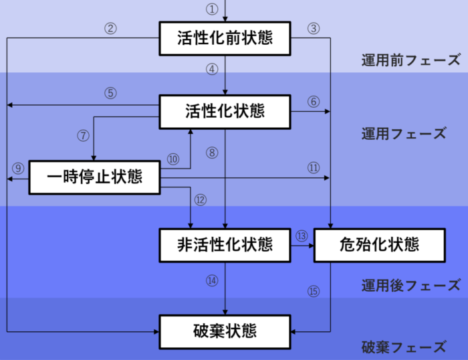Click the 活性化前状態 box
(225, 38)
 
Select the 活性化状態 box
(225, 111)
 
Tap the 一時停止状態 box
(95, 177)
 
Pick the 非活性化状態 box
(225, 244)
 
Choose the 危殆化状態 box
(379, 244)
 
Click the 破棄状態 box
(225, 331)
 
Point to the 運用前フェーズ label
(411, 60)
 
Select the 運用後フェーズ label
(411, 286)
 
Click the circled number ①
(212, 9)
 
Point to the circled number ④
(212, 68)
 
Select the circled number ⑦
(83, 135)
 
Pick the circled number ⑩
(173, 159)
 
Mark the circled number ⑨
(17, 167)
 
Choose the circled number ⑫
(201, 199)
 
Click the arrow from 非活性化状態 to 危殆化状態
(302, 245)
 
